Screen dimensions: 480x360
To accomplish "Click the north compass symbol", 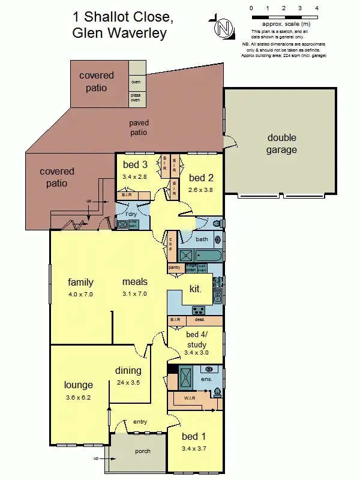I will click(224, 27).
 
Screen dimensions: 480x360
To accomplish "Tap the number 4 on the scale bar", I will click(316, 8).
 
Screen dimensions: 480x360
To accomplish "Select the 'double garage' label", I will click(281, 144).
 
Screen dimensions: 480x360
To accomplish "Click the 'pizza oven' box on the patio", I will click(136, 97).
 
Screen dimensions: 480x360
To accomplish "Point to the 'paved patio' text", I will click(139, 128).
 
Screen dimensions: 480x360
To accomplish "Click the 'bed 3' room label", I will click(135, 165).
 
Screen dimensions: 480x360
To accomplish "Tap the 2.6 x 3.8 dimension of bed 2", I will click(201, 190).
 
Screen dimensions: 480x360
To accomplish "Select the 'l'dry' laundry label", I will click(131, 214).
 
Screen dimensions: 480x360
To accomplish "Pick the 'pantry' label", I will click(175, 267).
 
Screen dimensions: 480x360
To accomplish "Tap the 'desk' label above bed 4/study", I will click(199, 320).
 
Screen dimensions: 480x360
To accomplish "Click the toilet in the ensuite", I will click(217, 392).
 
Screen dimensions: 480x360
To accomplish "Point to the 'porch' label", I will click(143, 451).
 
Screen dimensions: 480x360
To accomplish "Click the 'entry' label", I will click(140, 422).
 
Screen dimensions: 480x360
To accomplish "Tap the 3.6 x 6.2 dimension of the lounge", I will click(78, 397).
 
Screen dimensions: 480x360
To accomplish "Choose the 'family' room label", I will click(80, 282).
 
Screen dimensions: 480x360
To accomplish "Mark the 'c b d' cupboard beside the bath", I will click(171, 245).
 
